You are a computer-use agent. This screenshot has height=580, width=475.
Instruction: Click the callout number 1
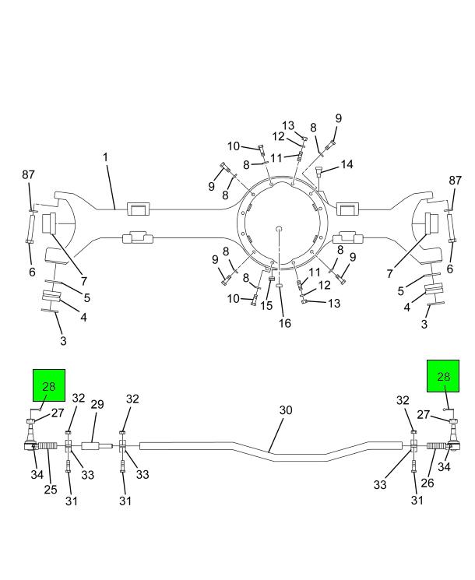coord(104,157)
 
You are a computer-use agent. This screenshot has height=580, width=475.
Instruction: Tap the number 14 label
coord(347,164)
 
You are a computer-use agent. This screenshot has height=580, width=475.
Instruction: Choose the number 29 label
coord(97,405)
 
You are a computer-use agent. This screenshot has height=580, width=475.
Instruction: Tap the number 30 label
coord(286,410)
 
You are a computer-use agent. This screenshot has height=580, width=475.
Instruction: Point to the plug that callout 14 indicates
coord(319,176)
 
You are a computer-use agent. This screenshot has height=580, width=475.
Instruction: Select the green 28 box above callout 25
coord(49,385)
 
